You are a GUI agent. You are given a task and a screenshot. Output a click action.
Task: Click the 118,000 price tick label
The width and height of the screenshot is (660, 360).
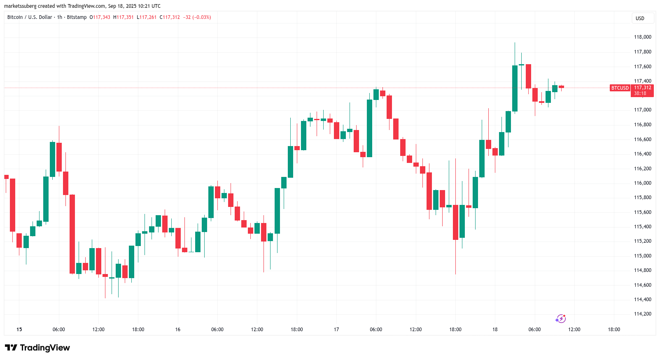[x=642, y=37]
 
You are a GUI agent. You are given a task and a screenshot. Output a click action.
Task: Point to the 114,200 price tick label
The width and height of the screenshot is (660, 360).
[x=642, y=314]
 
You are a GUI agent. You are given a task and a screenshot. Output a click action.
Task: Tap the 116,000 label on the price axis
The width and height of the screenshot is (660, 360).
[x=642, y=183]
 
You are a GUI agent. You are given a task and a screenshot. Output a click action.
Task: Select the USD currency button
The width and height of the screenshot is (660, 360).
[x=640, y=18]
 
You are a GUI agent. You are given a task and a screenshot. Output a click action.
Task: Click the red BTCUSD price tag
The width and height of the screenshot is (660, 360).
[x=620, y=88]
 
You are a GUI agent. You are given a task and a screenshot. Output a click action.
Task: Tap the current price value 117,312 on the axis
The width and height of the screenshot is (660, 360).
[x=642, y=88]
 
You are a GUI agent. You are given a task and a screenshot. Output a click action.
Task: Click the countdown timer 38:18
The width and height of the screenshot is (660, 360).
[x=640, y=93]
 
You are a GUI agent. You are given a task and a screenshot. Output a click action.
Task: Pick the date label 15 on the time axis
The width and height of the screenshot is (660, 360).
[x=19, y=330]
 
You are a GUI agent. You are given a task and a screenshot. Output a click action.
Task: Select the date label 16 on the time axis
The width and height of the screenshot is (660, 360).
[x=178, y=330]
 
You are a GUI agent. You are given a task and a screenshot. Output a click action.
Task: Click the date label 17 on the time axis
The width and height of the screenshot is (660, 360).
[x=336, y=330]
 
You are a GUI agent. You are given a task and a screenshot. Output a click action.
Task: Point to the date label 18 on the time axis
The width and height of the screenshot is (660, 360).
[x=495, y=330]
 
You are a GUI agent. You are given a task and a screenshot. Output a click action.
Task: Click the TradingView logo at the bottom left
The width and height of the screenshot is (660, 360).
[x=37, y=348]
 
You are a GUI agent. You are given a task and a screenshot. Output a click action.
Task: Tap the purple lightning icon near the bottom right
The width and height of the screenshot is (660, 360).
[x=560, y=318]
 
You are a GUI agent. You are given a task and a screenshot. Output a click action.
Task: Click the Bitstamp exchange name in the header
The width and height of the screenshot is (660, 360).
[x=77, y=17]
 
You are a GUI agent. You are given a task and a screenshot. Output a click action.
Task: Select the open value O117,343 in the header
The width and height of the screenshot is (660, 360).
[x=100, y=17]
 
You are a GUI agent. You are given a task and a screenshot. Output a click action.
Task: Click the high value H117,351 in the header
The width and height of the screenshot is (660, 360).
[x=124, y=17]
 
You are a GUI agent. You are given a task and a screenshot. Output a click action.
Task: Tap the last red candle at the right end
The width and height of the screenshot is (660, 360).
[x=561, y=87]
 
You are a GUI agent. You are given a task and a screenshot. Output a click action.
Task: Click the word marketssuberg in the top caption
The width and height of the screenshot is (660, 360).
[x=20, y=6]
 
